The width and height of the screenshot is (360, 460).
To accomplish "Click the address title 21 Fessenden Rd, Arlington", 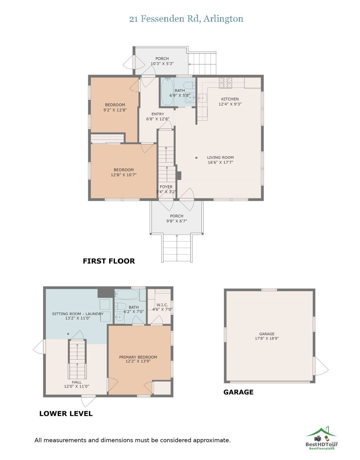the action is tap(186, 19).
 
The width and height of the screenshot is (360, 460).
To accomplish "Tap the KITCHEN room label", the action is tap(230, 99).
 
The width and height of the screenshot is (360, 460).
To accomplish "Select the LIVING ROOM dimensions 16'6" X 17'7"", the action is tap(221, 162).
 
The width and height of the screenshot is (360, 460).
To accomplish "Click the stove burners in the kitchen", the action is tap(225, 83).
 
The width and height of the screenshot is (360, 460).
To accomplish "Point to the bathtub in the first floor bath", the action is tap(167, 92).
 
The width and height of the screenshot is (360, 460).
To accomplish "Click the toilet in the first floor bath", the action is tap(189, 86).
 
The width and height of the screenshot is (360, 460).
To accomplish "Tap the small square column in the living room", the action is tap(196, 158).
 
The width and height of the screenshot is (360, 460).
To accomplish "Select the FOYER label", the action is tap(166, 187).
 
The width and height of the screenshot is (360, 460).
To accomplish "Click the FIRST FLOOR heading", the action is tap(109, 261).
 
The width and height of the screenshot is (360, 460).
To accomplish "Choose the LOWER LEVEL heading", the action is tap(66, 414).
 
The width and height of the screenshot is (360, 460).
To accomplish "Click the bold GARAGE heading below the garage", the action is tap(238, 392).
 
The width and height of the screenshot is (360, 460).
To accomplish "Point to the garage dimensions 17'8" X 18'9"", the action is tap(267, 338).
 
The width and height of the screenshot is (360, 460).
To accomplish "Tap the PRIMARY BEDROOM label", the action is tap(138, 357).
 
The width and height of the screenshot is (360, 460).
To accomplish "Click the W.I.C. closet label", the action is tap(162, 305).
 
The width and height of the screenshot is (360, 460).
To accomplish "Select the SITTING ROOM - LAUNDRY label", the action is tap(78, 314).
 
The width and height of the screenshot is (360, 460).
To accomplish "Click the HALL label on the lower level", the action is tap(77, 382).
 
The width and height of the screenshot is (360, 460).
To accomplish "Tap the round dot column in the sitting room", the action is tap(68, 334).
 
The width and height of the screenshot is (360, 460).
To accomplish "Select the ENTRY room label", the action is tap(158, 114).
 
